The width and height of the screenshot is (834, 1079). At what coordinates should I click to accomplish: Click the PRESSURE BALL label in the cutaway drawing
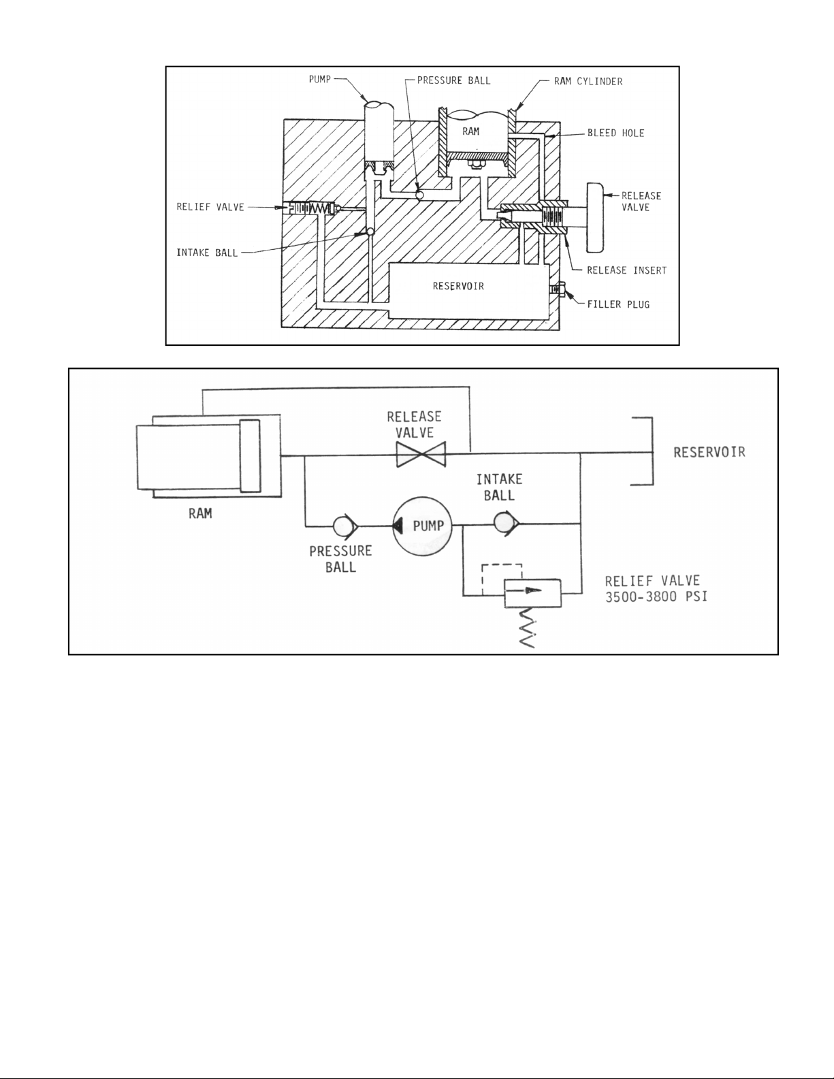click(453, 80)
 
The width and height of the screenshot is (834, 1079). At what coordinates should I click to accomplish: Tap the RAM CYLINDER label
click(588, 82)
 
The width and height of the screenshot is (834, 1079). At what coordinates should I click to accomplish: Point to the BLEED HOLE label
click(616, 133)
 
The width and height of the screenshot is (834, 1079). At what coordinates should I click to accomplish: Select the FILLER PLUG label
click(619, 304)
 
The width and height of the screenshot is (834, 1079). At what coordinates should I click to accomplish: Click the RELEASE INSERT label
click(627, 270)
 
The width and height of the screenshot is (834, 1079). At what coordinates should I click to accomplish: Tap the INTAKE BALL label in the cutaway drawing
click(207, 253)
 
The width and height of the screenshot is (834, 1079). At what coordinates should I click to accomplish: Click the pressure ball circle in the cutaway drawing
click(420, 195)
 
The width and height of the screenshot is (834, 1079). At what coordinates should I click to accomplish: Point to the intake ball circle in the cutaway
click(368, 231)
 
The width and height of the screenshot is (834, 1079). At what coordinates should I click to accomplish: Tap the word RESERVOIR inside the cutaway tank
click(458, 286)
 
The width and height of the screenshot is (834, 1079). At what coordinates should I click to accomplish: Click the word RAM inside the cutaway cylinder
click(470, 131)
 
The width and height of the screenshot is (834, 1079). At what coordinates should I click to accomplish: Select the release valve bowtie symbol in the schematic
click(421, 454)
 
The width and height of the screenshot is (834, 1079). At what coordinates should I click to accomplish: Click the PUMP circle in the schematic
click(423, 526)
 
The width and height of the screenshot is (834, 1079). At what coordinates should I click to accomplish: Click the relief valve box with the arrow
click(532, 592)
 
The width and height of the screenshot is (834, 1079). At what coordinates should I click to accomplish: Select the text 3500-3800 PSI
click(656, 596)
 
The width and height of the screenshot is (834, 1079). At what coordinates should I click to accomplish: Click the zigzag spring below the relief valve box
click(527, 628)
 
